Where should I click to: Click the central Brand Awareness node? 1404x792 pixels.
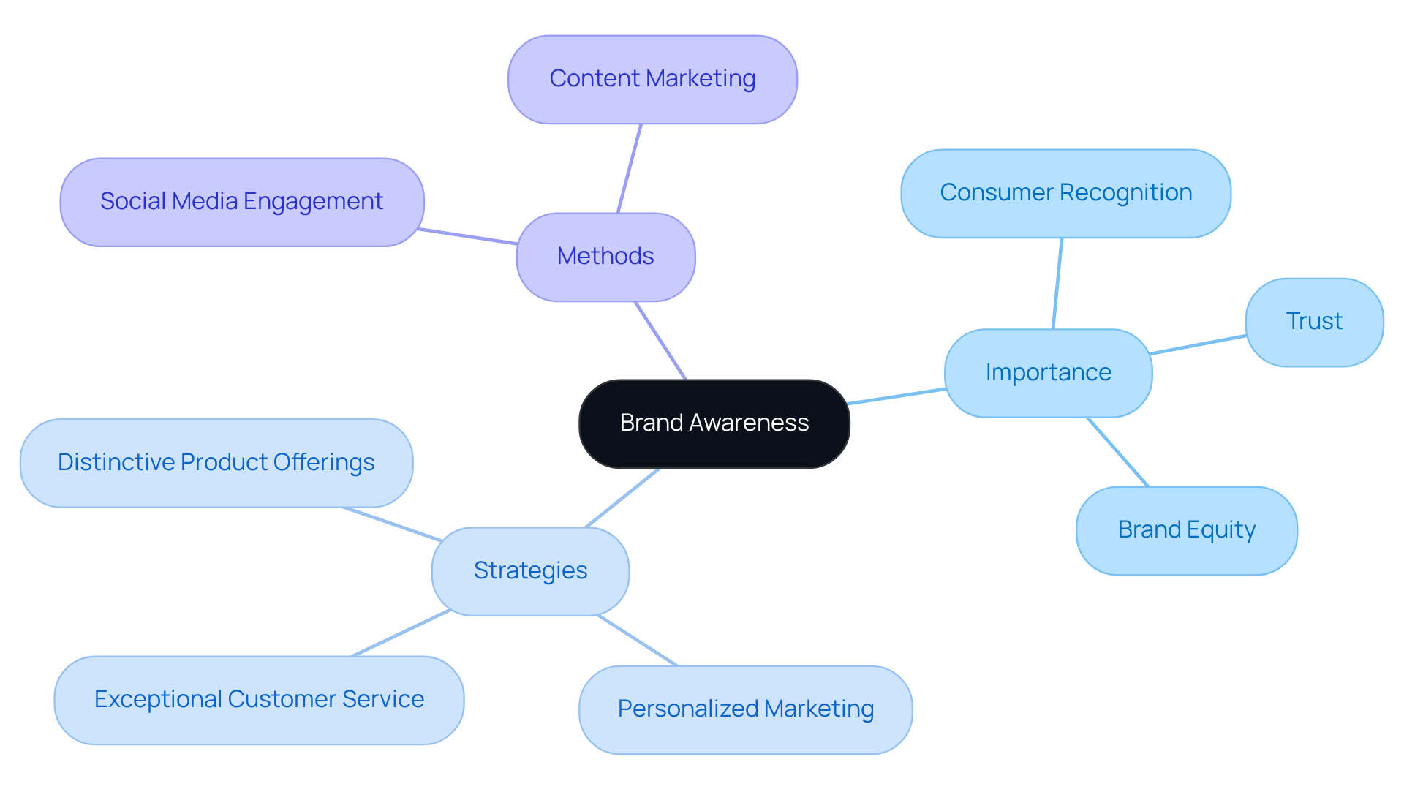714,423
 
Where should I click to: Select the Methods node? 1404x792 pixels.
605,257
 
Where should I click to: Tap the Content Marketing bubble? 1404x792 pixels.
652,79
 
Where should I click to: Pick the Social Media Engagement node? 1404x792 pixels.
241,202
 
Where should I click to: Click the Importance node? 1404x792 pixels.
1048,373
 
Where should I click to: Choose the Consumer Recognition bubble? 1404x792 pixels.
1065,193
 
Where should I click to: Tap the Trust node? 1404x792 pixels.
1314,322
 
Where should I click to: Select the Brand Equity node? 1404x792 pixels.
1186,530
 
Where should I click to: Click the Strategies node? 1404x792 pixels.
530,571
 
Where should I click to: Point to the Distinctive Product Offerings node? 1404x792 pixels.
216,463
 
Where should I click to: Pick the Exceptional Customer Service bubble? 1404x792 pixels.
259,700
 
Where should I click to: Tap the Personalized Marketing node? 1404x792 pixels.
745,709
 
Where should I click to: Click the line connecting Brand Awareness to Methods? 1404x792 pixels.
661,341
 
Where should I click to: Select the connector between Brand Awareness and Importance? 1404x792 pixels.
897,396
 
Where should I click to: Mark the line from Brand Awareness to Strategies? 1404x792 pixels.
622,498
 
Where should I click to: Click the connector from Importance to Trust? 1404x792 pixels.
1198,345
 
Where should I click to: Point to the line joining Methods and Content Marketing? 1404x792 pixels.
630,168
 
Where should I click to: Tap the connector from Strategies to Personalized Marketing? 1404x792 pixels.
638,641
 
